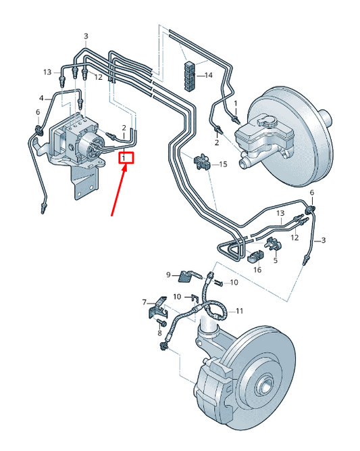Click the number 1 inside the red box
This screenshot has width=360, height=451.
pyautogui.click(x=124, y=158)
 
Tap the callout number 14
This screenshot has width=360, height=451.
pyautogui.click(x=209, y=75)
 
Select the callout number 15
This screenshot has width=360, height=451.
pyautogui.click(x=224, y=164)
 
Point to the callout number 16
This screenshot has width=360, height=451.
pyautogui.click(x=257, y=270)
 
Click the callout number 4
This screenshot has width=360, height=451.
pyautogui.click(x=41, y=98)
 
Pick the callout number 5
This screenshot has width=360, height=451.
pyautogui.click(x=276, y=260)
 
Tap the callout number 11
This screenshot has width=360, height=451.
pyautogui.click(x=240, y=311)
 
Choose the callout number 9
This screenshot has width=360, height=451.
pyautogui.click(x=169, y=275)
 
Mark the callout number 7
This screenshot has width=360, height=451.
pyautogui.click(x=145, y=302)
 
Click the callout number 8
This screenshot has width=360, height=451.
pyautogui.click(x=160, y=333)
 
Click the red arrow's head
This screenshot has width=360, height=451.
pyautogui.click(x=124, y=168)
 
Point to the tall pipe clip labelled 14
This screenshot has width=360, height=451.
pyautogui.click(x=189, y=76)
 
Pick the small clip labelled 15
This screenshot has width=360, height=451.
pyautogui.click(x=202, y=162)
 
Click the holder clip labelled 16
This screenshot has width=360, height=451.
pyautogui.click(x=255, y=256)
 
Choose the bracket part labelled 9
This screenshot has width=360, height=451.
pyautogui.click(x=190, y=276)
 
